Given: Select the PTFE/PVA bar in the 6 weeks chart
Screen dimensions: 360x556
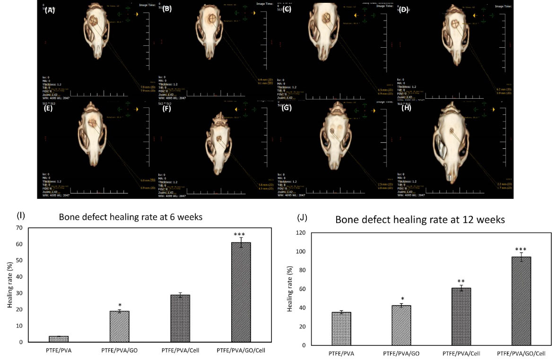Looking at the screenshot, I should [59, 339].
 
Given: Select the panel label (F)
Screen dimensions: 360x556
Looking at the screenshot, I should [167, 108].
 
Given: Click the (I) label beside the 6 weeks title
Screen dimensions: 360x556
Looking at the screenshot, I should [20, 215].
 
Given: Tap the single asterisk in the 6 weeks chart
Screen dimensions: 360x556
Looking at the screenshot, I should [120, 305].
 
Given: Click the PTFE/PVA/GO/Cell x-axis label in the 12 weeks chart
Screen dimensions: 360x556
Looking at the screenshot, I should [517, 353].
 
